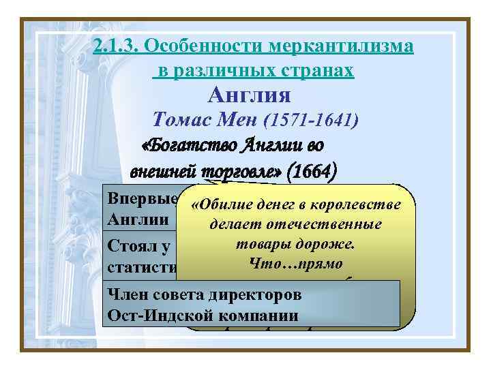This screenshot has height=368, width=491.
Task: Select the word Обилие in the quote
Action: [x=218, y=205]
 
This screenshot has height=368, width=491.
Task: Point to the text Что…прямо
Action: [x=295, y=262]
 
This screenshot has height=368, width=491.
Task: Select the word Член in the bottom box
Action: [x=125, y=296]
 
